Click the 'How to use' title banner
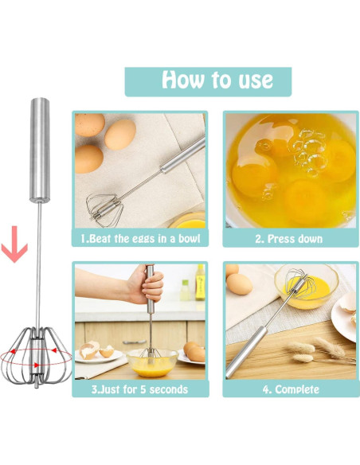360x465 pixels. point(208,80)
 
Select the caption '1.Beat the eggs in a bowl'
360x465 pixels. point(140,238)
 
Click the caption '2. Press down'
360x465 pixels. point(289,238)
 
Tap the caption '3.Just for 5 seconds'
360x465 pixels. point(140,389)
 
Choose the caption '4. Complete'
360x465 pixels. point(289,389)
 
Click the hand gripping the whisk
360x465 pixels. point(149,287)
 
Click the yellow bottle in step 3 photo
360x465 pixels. point(200,283)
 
